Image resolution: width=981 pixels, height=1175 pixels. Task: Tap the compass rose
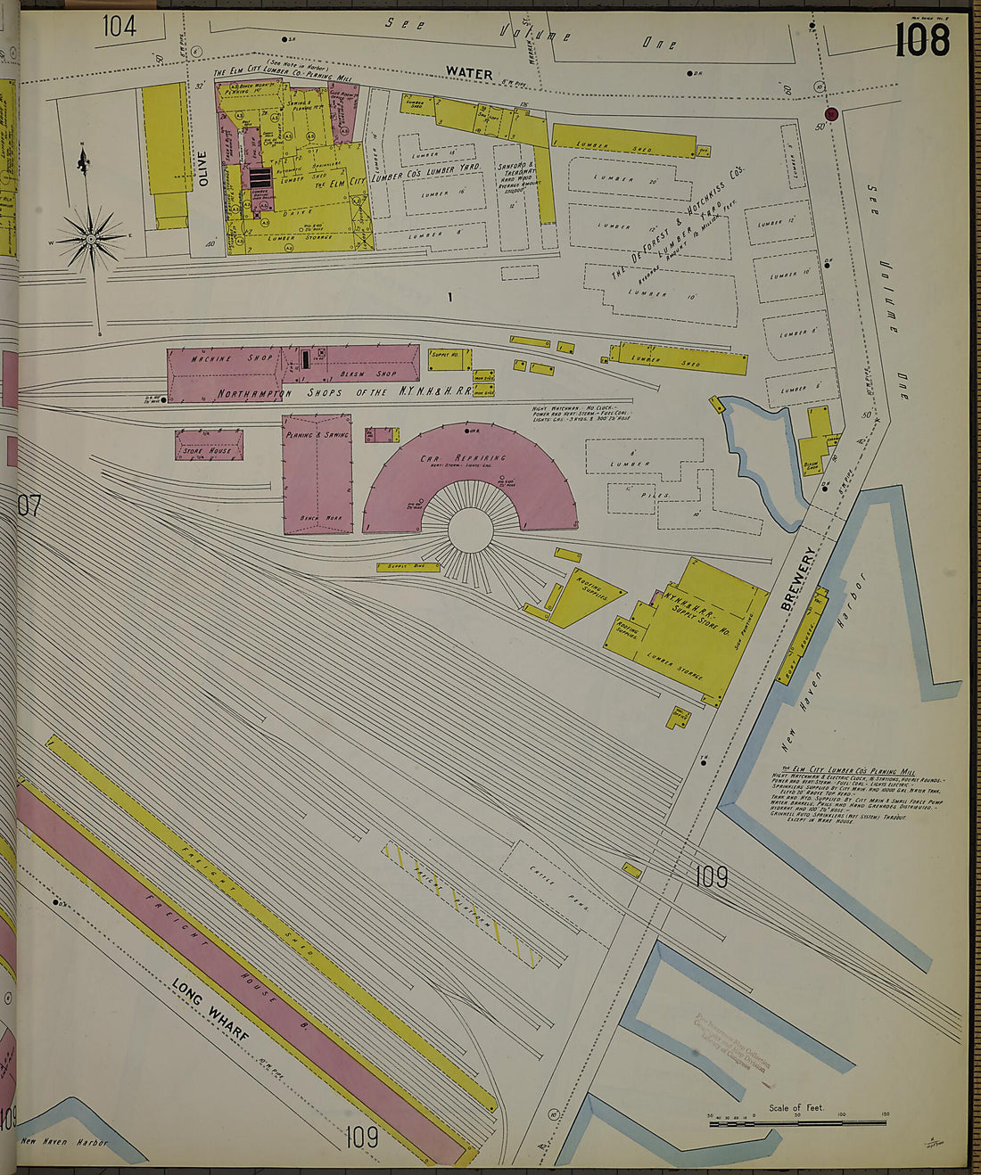[x=91, y=238]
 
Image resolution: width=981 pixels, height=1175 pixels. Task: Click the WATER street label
[x=468, y=72]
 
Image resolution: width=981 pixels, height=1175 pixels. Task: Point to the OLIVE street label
[x=203, y=168]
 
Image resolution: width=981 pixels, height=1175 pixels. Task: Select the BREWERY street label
[x=799, y=579]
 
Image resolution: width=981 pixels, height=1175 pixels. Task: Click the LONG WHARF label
[x=210, y=1013]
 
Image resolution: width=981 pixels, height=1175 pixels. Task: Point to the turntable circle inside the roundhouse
[x=471, y=530]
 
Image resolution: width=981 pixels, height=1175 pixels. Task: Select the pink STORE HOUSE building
[x=209, y=445]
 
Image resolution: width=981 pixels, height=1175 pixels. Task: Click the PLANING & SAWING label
[x=317, y=435]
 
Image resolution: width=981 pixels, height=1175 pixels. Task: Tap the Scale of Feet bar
[x=798, y=1124]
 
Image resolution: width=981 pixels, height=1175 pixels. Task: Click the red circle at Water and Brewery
[x=831, y=113]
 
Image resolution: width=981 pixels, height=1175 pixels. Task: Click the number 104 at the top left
[x=119, y=27]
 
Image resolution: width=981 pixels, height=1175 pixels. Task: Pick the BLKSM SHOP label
[x=373, y=374]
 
